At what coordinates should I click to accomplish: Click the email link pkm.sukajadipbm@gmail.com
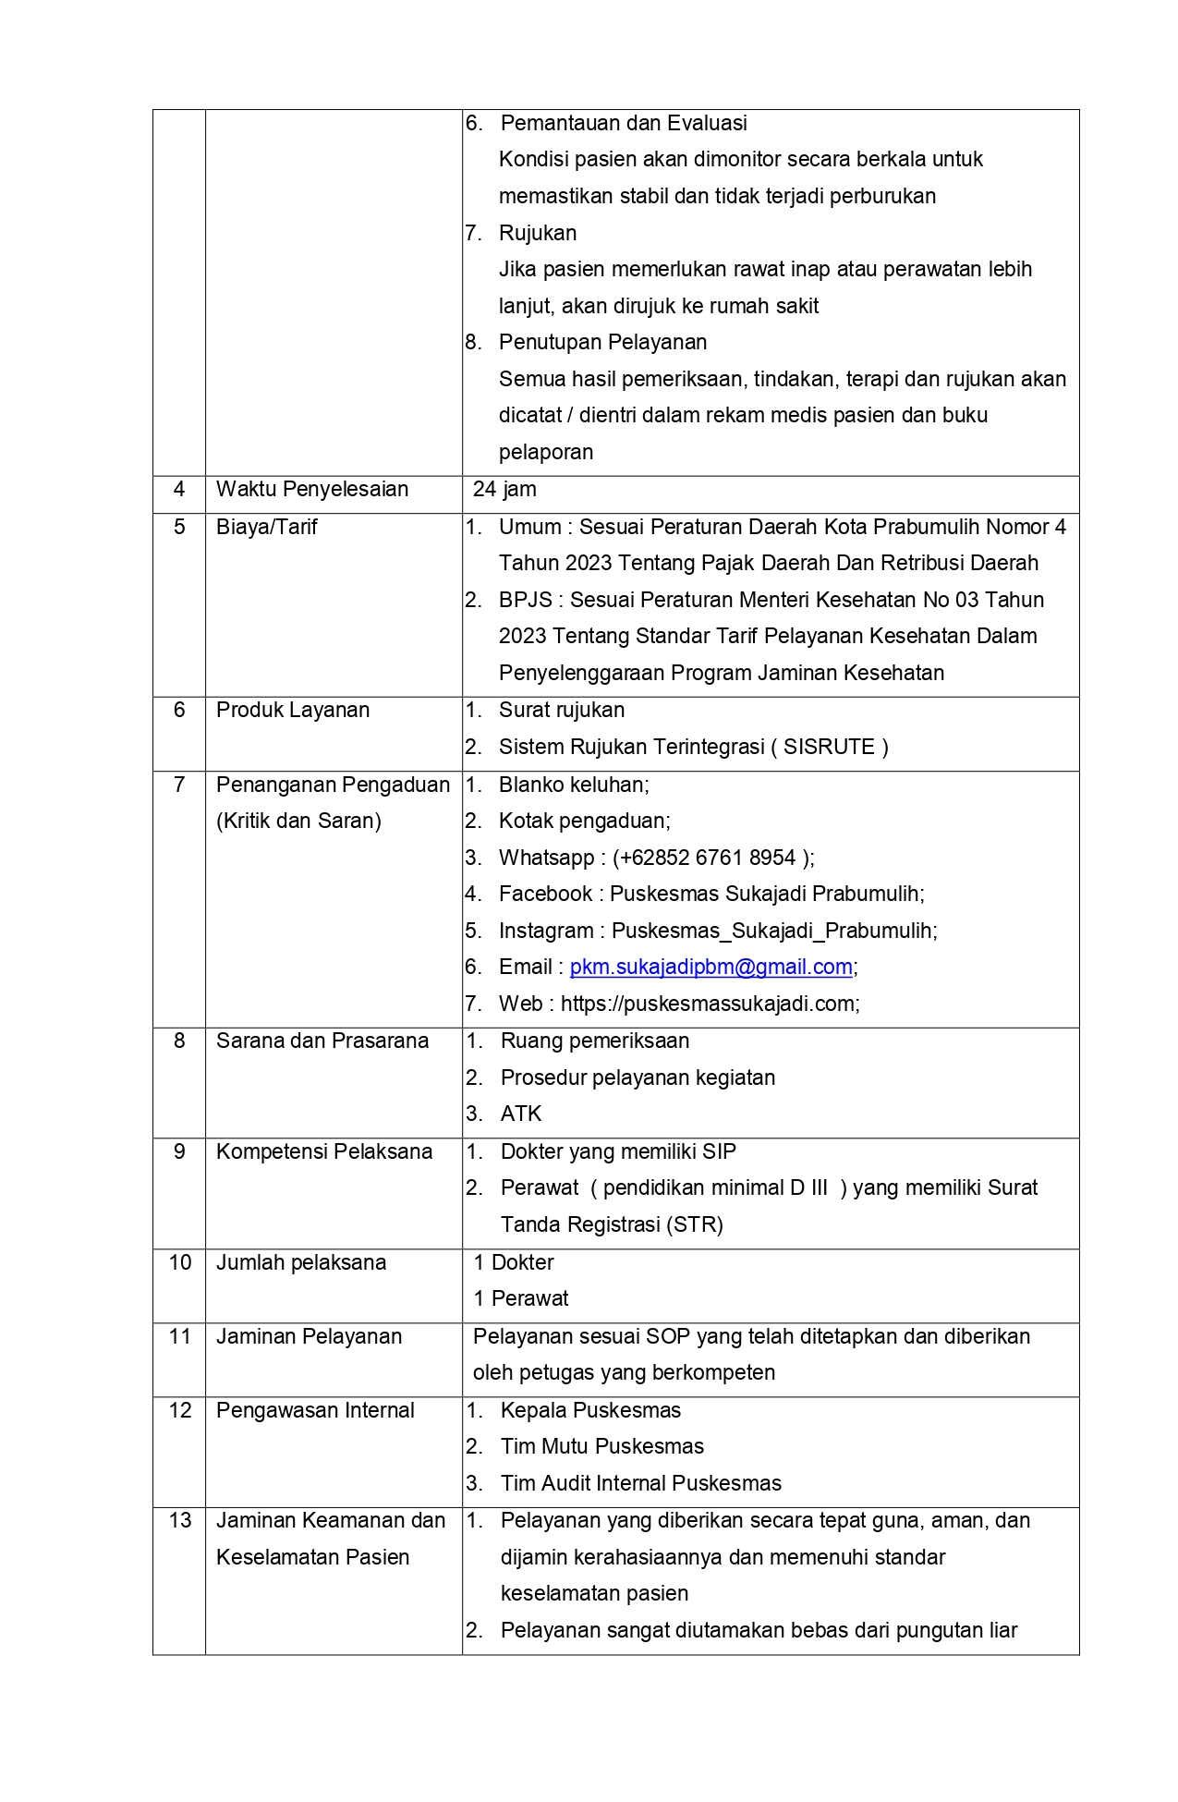[710, 967]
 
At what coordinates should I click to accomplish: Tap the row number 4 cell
[179, 490]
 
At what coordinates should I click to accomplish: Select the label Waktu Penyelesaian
[312, 490]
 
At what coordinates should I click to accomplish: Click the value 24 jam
[504, 490]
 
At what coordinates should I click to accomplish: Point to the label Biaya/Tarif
[266, 528]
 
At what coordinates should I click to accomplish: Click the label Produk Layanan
[293, 711]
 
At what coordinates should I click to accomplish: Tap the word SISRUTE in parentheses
[829, 747]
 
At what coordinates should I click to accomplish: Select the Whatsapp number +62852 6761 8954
[708, 858]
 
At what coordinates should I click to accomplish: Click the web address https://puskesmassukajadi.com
[709, 1004]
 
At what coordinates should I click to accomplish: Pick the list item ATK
[521, 1114]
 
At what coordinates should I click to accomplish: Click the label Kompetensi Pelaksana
[324, 1151]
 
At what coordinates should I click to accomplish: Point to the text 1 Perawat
[521, 1298]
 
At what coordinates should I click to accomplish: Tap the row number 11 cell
[179, 1336]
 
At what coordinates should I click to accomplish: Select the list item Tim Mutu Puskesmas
[602, 1446]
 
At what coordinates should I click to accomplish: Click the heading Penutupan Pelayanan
[602, 342]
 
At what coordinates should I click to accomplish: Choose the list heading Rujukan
[538, 233]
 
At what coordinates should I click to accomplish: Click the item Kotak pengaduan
[584, 821]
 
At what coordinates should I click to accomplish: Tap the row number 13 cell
[179, 1520]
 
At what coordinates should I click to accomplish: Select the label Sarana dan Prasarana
[322, 1041]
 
